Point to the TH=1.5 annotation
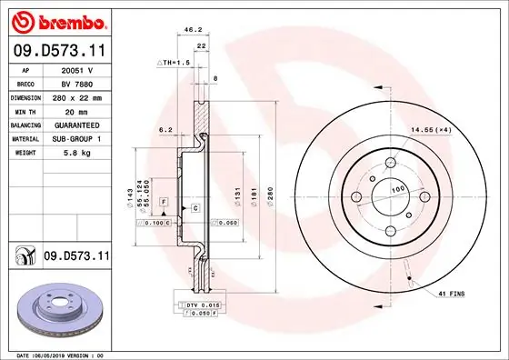(175, 63)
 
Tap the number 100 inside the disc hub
(397, 189)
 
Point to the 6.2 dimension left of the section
(165, 130)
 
